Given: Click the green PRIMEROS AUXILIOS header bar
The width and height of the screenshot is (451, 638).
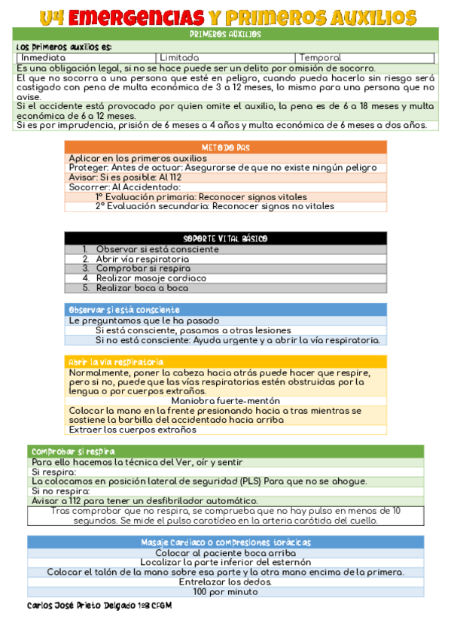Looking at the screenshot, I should (225, 34).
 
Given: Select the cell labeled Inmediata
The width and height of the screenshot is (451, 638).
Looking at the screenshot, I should (43, 58).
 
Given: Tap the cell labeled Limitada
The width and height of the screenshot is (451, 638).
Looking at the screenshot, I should (179, 58).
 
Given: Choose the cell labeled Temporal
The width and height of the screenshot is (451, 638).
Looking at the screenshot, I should (320, 58).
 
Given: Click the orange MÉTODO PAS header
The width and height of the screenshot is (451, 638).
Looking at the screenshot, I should (225, 147).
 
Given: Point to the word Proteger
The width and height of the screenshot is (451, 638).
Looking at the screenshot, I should (89, 168).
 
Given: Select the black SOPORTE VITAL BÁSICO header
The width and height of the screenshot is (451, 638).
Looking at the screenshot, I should (225, 238).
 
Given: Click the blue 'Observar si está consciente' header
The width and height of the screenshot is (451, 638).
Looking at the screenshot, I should (124, 310).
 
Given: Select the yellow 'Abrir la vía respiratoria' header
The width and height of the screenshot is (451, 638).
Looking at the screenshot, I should (116, 362).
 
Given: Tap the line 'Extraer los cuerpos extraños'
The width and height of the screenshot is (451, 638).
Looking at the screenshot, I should (133, 430).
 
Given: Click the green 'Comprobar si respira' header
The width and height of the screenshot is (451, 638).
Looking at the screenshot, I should (73, 451).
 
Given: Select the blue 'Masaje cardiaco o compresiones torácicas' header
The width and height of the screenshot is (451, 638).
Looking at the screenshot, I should (225, 542).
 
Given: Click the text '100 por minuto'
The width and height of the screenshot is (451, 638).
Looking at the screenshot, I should (225, 592).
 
